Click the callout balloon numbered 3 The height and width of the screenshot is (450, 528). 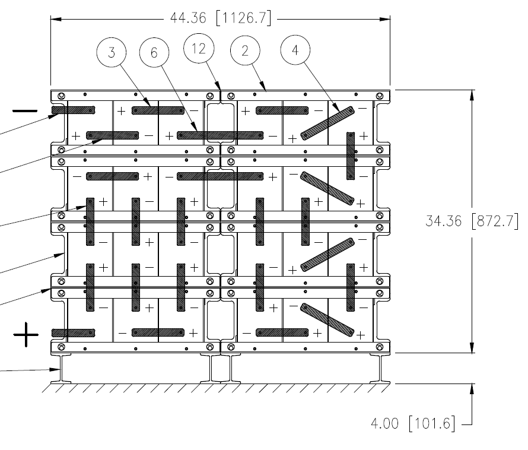click(112, 52)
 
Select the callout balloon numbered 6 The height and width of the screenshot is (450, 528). click(154, 52)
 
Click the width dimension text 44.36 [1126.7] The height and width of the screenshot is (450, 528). click(221, 19)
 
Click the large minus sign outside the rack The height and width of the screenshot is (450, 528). click(26, 111)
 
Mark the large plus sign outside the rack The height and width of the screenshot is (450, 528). click(26, 335)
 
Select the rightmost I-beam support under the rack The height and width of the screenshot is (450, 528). click(380, 368)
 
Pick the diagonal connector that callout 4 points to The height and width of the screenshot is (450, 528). click(327, 123)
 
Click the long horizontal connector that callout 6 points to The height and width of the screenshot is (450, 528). click(220, 135)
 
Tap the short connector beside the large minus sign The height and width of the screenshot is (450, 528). click(73, 110)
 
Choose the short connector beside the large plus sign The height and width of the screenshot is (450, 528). click(73, 332)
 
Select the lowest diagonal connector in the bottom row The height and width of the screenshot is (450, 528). click(327, 319)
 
